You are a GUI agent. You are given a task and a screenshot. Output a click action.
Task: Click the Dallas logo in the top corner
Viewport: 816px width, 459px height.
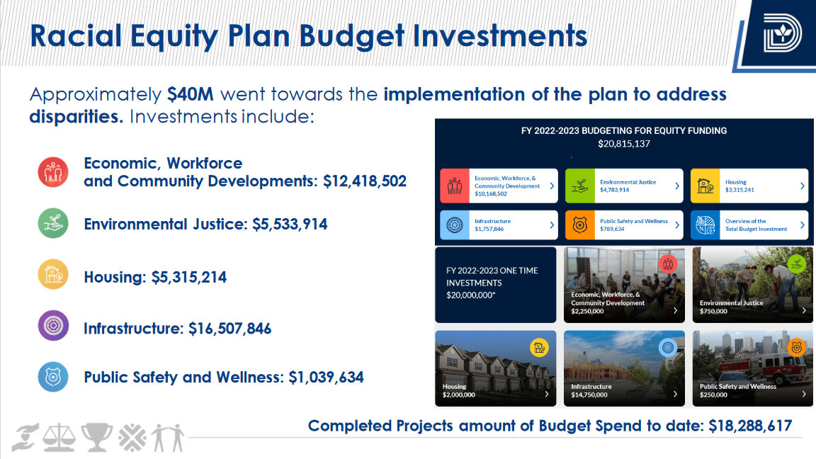click(782, 33)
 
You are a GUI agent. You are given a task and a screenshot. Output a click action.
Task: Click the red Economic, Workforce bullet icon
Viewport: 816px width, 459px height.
click(53, 171)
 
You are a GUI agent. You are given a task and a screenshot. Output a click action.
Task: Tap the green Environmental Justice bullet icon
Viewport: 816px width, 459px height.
click(53, 223)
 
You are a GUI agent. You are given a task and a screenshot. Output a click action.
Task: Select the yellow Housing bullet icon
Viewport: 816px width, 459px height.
click(53, 274)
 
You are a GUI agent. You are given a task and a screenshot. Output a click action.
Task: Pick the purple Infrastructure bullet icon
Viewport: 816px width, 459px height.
click(53, 326)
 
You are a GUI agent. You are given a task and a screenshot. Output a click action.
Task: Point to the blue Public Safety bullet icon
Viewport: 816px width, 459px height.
click(53, 376)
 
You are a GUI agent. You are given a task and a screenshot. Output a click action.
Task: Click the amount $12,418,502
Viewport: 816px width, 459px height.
click(365, 181)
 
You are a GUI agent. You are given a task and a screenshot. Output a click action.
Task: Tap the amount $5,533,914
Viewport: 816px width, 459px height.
click(290, 225)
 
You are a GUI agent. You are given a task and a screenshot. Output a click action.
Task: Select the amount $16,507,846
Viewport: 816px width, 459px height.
click(229, 329)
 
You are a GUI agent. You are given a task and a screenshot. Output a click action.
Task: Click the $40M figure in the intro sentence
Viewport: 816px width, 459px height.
click(191, 94)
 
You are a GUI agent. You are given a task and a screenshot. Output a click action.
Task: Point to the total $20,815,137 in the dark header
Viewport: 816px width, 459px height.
click(624, 144)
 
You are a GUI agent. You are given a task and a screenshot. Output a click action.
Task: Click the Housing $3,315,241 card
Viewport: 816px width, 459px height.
click(749, 186)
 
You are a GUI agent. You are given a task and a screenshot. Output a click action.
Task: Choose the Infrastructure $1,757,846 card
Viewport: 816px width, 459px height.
click(499, 225)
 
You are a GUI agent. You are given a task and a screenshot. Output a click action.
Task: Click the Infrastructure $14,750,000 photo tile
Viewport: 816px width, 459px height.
click(624, 368)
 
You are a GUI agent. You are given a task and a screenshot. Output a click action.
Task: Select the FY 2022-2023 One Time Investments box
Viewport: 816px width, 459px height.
click(495, 285)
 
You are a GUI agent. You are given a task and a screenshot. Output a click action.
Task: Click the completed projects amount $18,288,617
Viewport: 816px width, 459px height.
click(750, 426)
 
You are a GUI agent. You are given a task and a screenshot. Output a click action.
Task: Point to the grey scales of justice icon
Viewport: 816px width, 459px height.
click(59, 437)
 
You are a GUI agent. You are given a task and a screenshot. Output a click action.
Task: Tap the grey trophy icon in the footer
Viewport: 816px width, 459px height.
click(97, 437)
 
